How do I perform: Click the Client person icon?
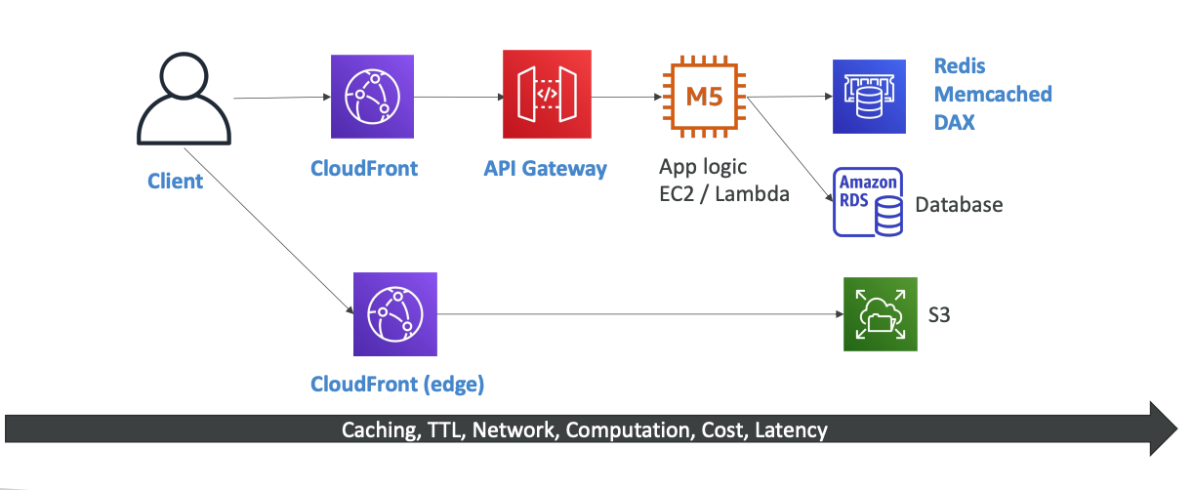184,101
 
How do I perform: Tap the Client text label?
176,181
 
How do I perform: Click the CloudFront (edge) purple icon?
395,313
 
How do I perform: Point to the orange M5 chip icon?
703,97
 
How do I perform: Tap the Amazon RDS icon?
868,202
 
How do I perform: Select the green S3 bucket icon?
881,313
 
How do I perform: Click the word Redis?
960,66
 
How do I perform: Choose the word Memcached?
993,95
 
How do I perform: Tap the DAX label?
955,123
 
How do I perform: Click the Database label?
959,205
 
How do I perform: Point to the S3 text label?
939,315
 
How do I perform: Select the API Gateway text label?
545,169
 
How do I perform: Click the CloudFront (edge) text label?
397,384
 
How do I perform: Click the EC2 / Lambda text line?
724,193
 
